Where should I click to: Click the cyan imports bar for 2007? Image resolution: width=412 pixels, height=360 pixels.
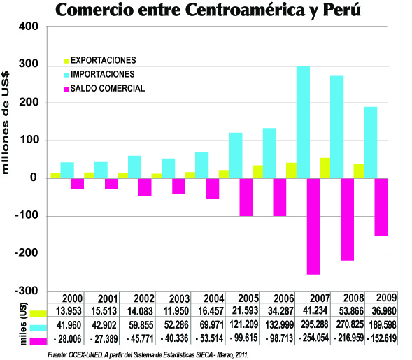(x=303, y=122)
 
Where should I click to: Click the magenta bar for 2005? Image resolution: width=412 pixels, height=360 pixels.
(x=246, y=196)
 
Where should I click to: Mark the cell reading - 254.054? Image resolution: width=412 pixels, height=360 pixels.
(x=313, y=340)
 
